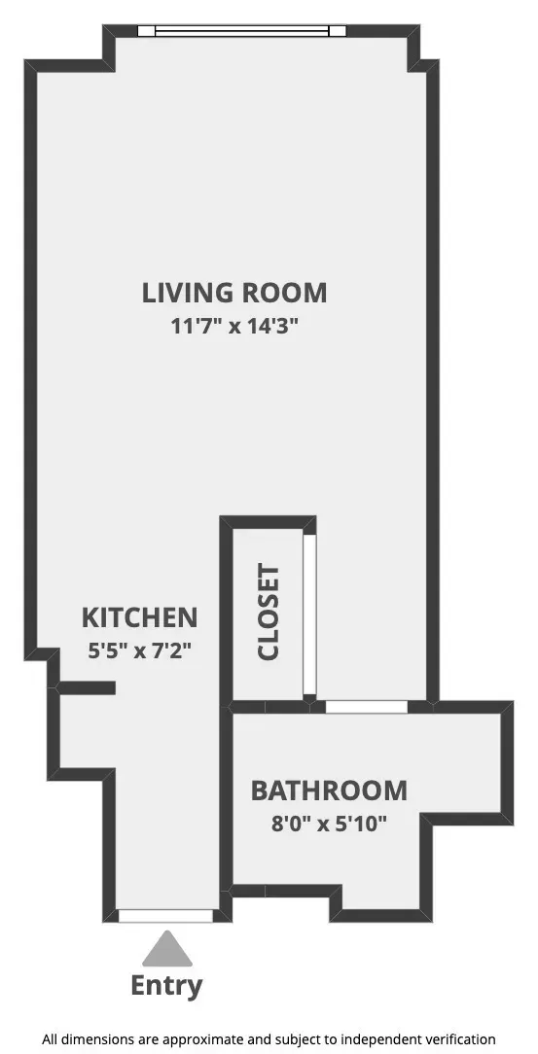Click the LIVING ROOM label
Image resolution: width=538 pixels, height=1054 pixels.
pyautogui.click(x=234, y=292)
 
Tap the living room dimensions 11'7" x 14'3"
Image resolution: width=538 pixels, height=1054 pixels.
pyautogui.click(x=234, y=326)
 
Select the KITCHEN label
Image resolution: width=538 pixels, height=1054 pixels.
pyautogui.click(x=139, y=617)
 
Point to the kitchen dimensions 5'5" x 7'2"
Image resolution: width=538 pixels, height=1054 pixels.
pyautogui.click(x=139, y=650)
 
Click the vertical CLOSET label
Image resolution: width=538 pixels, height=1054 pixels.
pyautogui.click(x=269, y=613)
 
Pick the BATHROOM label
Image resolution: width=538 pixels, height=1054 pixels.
pyautogui.click(x=329, y=790)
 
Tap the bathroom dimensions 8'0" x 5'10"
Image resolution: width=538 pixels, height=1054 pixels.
pyautogui.click(x=329, y=824)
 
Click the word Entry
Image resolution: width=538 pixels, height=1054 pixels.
pyautogui.click(x=167, y=986)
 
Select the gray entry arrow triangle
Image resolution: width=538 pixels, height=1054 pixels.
pyautogui.click(x=168, y=948)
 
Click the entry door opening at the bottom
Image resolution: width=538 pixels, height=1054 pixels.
pyautogui.click(x=165, y=916)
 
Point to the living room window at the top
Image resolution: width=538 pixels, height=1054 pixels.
pyautogui.click(x=242, y=30)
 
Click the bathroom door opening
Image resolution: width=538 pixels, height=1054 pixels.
pyautogui.click(x=366, y=707)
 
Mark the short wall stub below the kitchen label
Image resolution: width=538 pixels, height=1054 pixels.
pyautogui.click(x=88, y=688)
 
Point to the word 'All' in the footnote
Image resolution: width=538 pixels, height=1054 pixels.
pyautogui.click(x=51, y=1039)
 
